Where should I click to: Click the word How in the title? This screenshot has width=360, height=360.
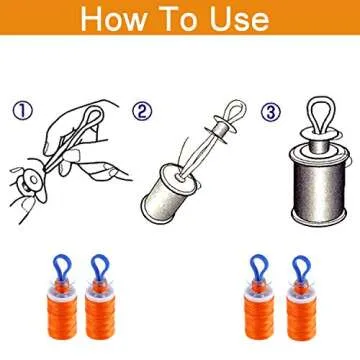click(117, 21)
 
